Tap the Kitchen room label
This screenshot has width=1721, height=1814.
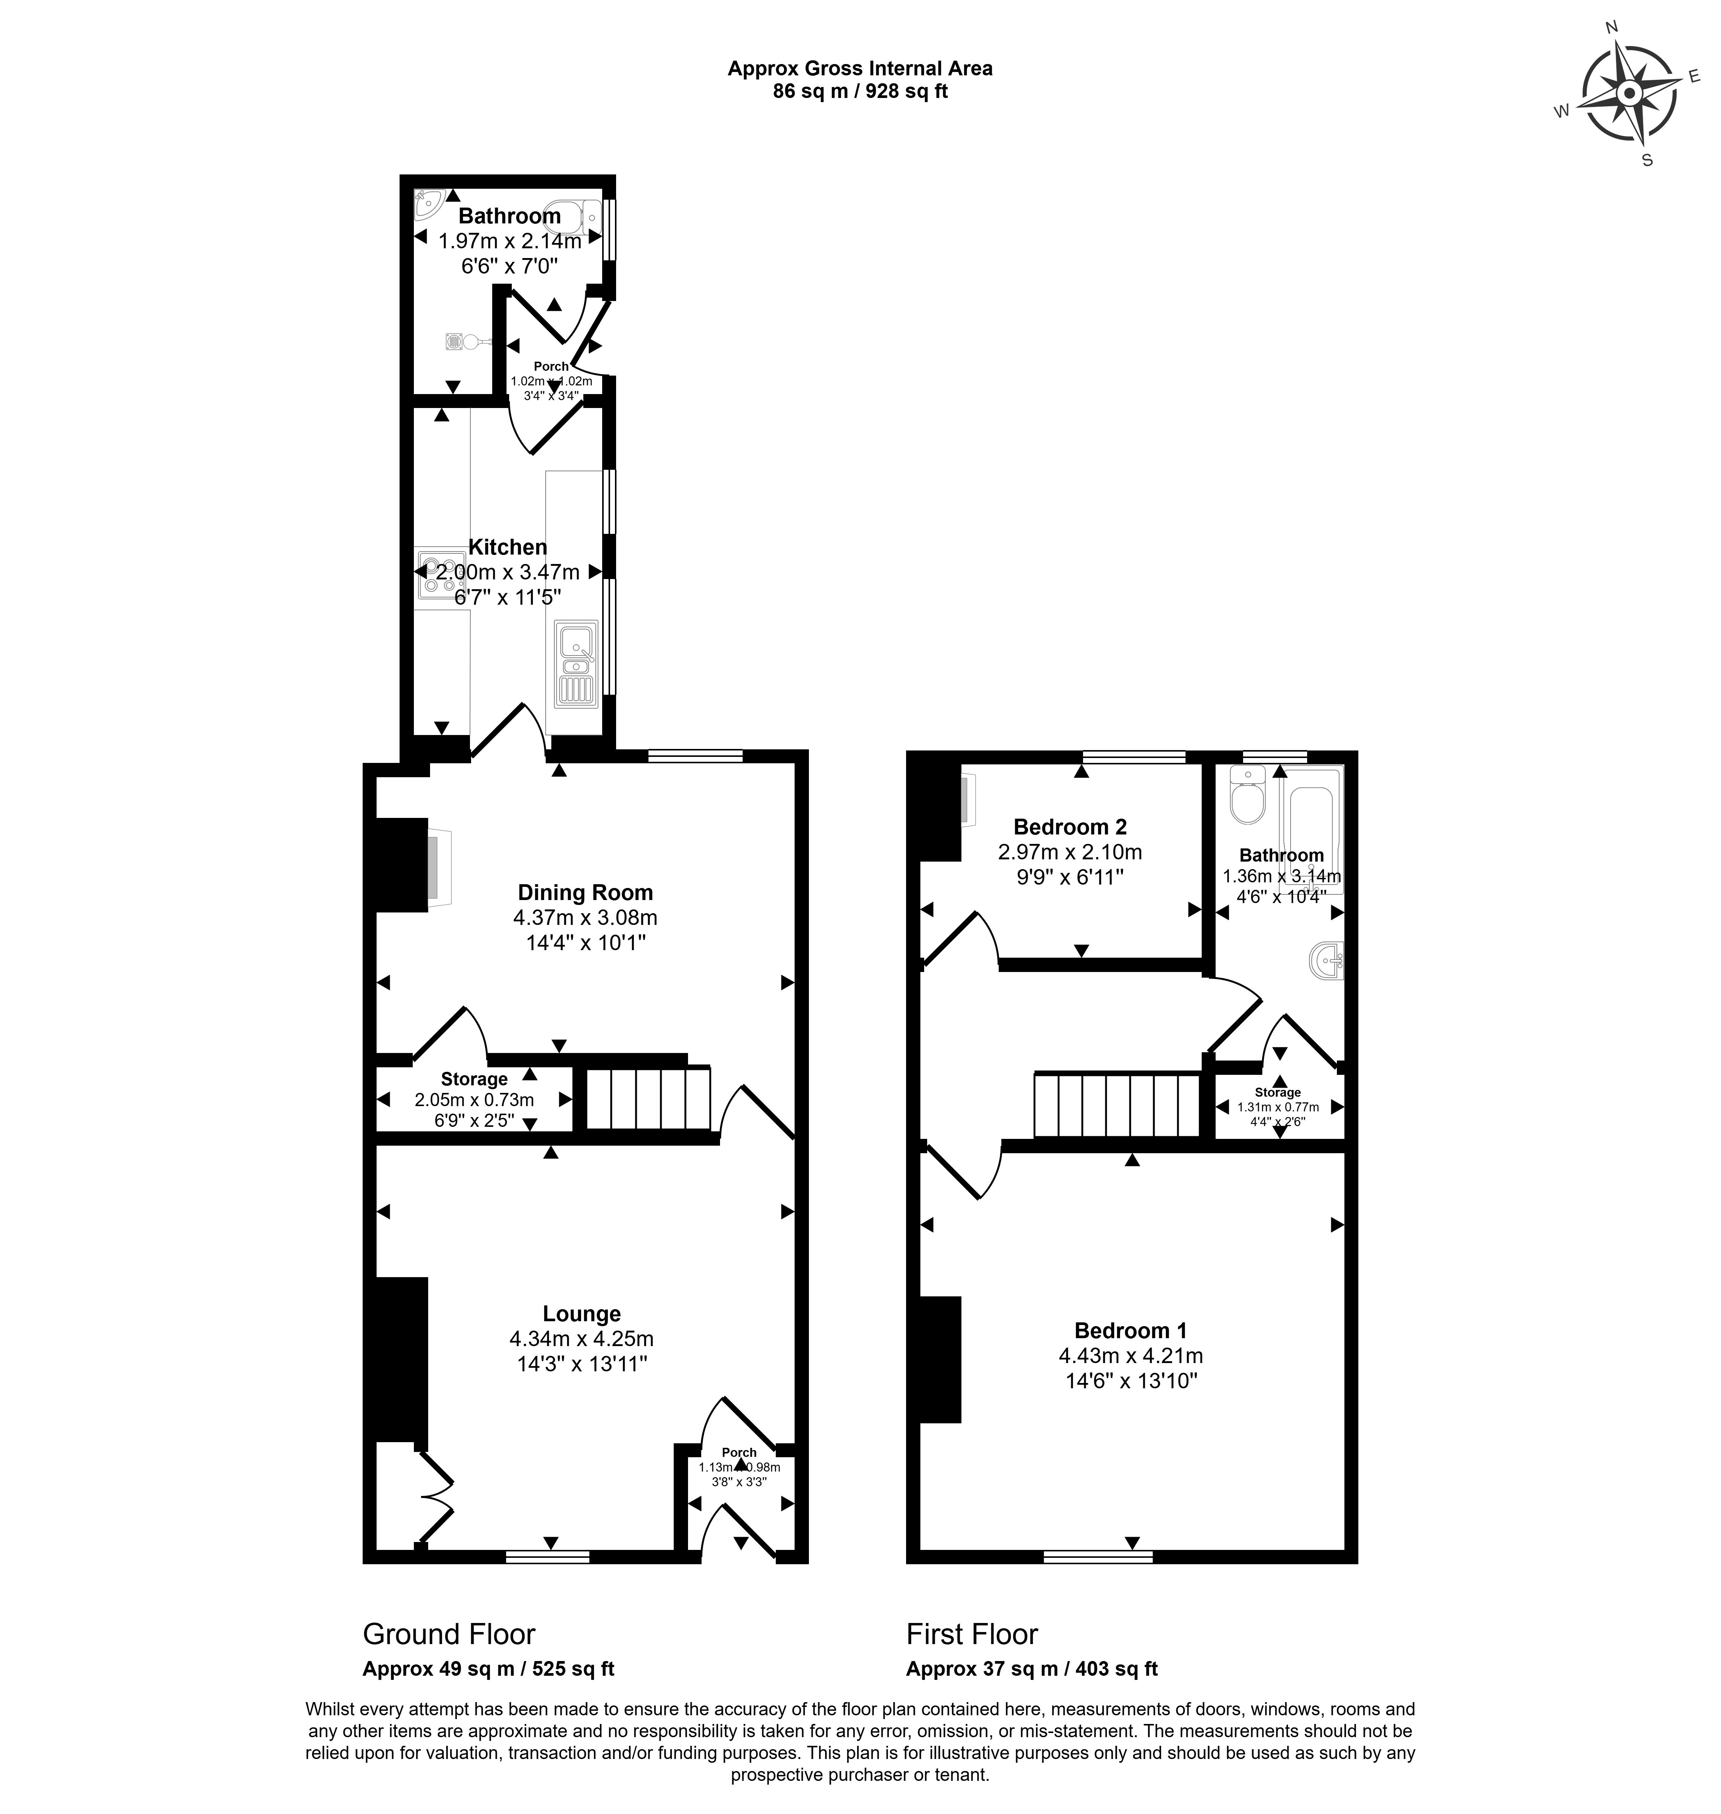pos(507,547)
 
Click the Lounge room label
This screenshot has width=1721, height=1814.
pos(581,1314)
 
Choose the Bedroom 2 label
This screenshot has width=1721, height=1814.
pos(1070,827)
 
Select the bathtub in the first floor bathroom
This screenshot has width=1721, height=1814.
pos(1315,826)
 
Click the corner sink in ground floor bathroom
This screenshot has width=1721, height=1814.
pos(427,204)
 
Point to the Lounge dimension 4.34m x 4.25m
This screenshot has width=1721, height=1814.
pos(581,1339)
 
